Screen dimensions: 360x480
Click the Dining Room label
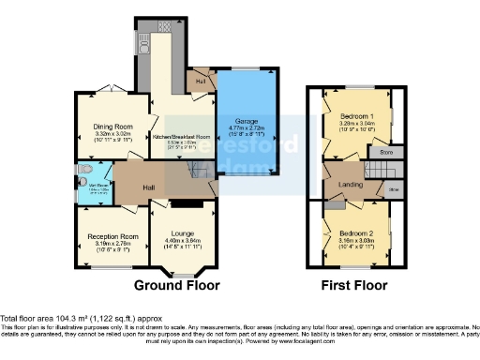(x=112, y=126)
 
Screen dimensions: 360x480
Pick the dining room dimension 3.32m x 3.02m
(x=112, y=134)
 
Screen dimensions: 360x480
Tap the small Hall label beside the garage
(x=200, y=81)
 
